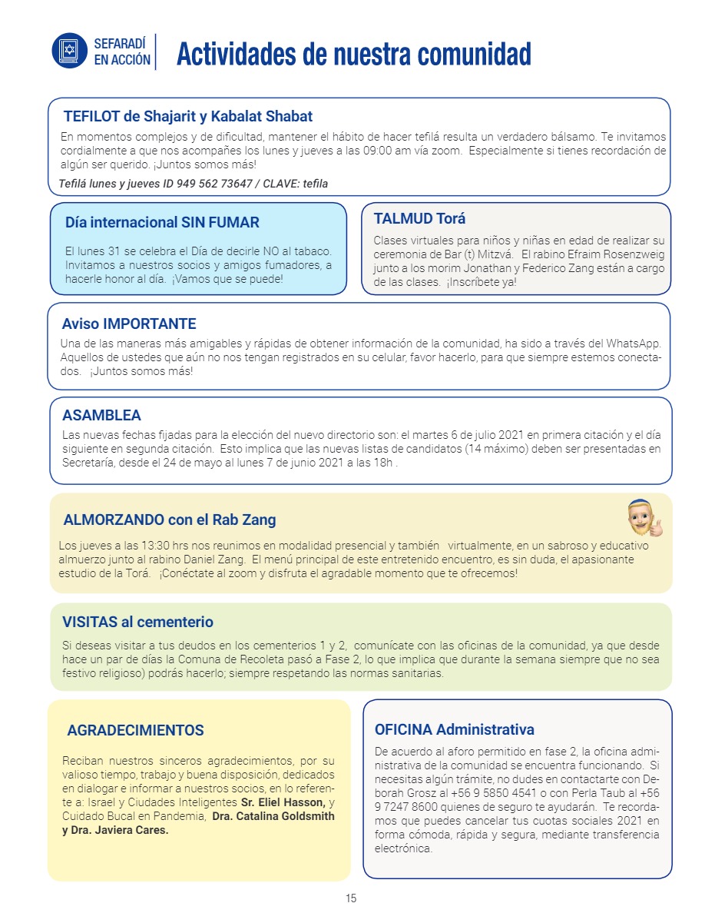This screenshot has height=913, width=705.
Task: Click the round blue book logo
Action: point(70,51)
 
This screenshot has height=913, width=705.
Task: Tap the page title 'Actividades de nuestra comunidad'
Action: point(353,55)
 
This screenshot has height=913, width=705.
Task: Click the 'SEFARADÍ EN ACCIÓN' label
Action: point(122,51)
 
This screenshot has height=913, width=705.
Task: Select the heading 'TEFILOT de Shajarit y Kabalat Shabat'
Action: point(188,117)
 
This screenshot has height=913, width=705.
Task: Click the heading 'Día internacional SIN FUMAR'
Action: point(162,223)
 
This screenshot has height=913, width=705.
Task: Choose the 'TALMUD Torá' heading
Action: point(419,218)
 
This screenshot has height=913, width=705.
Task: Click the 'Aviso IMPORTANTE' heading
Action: point(129,324)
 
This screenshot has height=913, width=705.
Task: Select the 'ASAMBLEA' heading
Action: point(101,416)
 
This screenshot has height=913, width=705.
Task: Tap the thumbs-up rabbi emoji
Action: point(644,517)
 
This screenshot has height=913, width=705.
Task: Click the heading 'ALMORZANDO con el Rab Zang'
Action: point(170,520)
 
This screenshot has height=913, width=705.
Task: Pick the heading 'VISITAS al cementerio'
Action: point(137,622)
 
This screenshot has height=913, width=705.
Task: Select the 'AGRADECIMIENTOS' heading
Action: point(135,730)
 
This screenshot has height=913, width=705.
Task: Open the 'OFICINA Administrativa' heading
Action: point(454,729)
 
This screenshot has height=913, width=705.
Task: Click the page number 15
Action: point(351,898)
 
